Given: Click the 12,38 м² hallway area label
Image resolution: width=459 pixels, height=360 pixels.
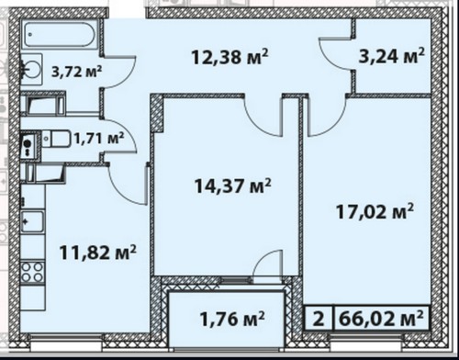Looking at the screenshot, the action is pos(229,57).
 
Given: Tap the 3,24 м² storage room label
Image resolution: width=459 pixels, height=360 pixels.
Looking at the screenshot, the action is pos(392,56).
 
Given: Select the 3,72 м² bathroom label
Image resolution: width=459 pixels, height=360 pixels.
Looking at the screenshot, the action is pos(76,72).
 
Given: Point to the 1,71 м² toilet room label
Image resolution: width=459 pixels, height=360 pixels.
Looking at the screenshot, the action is pos(99,139).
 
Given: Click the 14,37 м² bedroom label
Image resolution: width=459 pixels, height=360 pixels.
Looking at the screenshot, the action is pos(233,186).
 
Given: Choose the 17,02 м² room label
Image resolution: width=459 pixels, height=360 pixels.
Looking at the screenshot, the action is pos(375,211).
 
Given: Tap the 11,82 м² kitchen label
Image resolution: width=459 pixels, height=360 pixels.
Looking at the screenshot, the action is pos(98,253).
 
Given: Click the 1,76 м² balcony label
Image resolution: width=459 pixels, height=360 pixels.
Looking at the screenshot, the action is pos(232,319).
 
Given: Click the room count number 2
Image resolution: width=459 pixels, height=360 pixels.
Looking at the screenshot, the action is pos(319,319).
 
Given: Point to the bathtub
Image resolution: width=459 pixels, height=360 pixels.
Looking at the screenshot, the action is pos(60,34).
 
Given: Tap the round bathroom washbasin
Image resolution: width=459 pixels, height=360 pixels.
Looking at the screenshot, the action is pos(31,70).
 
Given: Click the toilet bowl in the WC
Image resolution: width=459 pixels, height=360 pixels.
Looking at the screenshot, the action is pos(57,140).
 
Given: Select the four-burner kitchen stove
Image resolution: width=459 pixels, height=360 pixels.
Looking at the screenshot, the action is pos(32,272).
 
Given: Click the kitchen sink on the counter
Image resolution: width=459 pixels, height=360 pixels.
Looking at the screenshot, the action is pos(32,221).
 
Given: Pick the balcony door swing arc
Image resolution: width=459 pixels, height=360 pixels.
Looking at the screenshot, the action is pos(263,260).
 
